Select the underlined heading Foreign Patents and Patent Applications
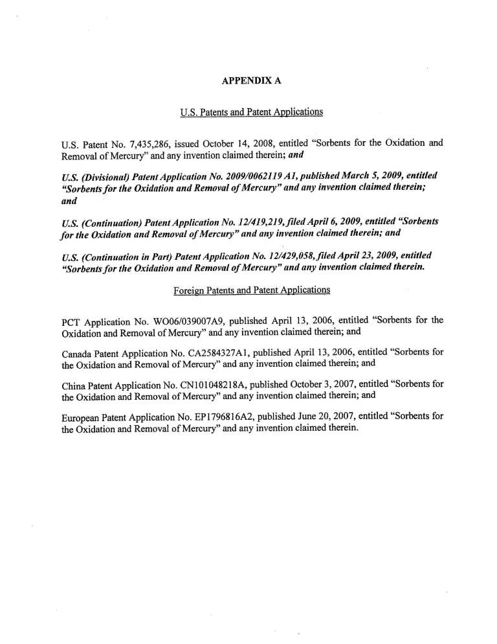(x=252, y=290)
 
